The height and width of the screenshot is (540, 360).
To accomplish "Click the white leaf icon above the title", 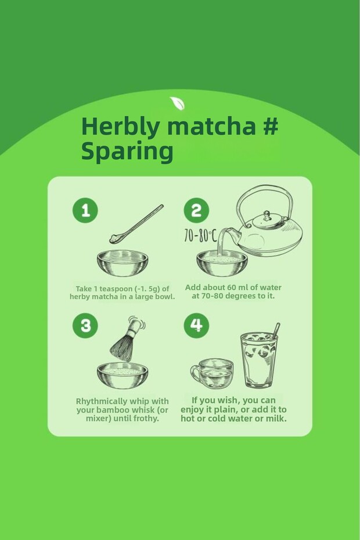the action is tap(177, 103).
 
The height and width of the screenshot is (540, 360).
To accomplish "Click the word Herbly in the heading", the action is tap(121, 127).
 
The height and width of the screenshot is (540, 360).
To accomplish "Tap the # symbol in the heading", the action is tap(271, 125).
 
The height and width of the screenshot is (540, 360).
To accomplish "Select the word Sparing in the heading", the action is tap(127, 152).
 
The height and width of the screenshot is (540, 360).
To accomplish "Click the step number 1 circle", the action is tap(85, 210).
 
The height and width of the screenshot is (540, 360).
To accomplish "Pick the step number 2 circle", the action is tap(196, 210).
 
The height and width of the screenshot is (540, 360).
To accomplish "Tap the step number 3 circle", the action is tap(85, 325).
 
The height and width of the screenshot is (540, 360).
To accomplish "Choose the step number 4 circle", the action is tap(196, 325).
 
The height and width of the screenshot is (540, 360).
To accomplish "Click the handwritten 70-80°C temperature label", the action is tap(200, 236).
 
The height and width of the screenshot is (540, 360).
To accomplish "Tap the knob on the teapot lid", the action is tap(267, 216).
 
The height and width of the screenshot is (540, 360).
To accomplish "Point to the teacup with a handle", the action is tap(212, 373).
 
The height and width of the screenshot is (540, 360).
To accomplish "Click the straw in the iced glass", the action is tap(276, 331).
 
